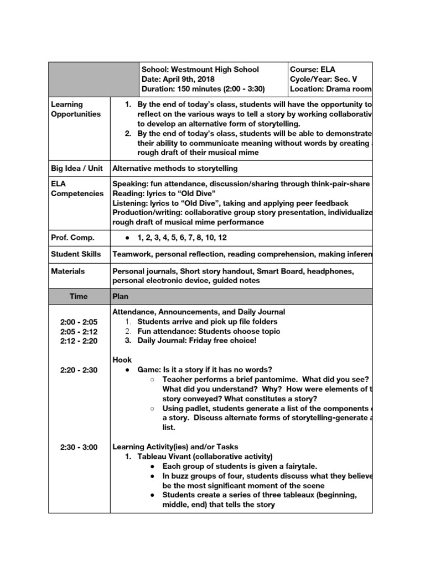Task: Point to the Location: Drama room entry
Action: point(330,88)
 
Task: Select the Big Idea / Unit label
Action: point(76,168)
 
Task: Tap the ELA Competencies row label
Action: point(77,188)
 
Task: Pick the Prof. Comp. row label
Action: point(72,237)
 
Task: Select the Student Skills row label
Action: point(76,254)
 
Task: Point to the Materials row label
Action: point(68,271)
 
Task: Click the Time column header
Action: point(79,296)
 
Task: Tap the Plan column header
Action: point(120,296)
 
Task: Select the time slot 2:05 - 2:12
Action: point(79,331)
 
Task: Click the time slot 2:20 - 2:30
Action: point(79,370)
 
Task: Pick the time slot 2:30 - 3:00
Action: point(79,447)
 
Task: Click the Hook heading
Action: point(122,360)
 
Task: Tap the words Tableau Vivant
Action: point(165,456)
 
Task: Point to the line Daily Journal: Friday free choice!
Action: point(197,340)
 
